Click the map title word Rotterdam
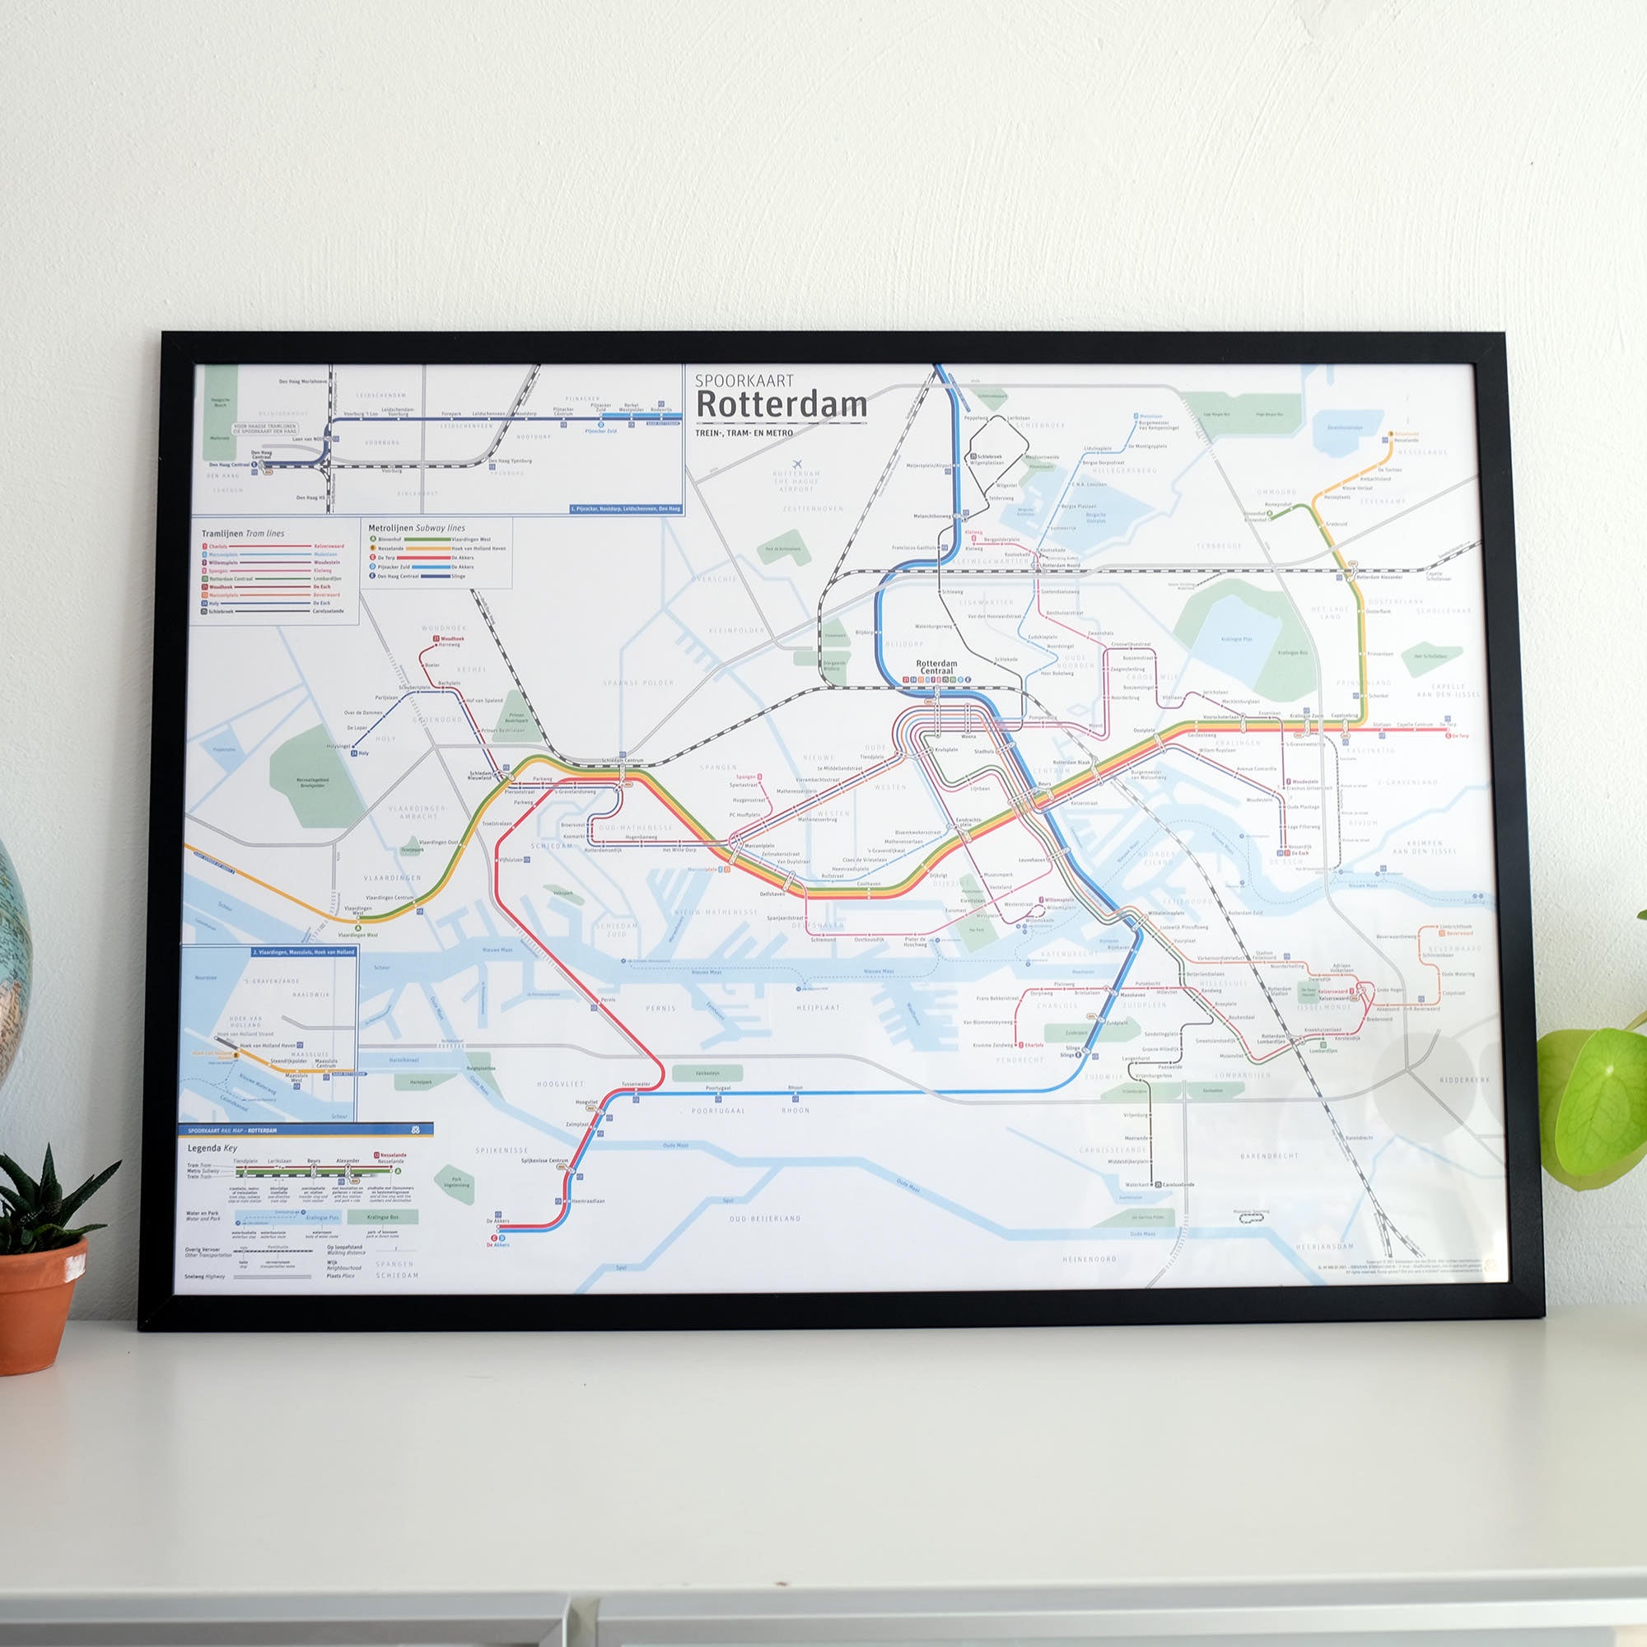pyautogui.click(x=781, y=405)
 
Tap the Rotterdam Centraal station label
pyautogui.click(x=936, y=667)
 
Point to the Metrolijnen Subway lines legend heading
pyautogui.click(x=417, y=528)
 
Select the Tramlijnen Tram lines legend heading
pyautogui.click(x=243, y=534)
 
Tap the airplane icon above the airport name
pyautogui.click(x=797, y=464)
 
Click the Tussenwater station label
pyautogui.click(x=636, y=1085)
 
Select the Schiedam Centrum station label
pyautogui.click(x=623, y=759)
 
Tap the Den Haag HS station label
pyautogui.click(x=311, y=497)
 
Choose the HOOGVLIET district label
pyautogui.click(x=560, y=1085)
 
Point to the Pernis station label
pyautogui.click(x=608, y=999)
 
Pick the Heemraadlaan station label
pyautogui.click(x=588, y=1201)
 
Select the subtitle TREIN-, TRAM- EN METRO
pyautogui.click(x=744, y=433)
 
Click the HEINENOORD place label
pyautogui.click(x=1089, y=1258)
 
